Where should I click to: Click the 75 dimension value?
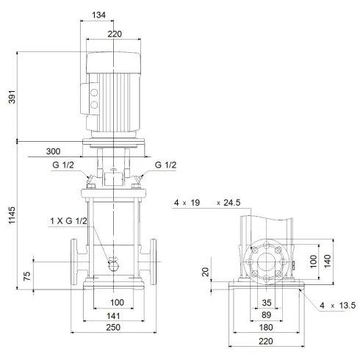click(x=27, y=277)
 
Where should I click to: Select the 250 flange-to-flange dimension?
click(x=112, y=328)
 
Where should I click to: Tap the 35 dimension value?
click(x=266, y=302)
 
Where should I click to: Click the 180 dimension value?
click(x=266, y=327)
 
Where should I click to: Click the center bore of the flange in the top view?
click(x=266, y=263)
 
